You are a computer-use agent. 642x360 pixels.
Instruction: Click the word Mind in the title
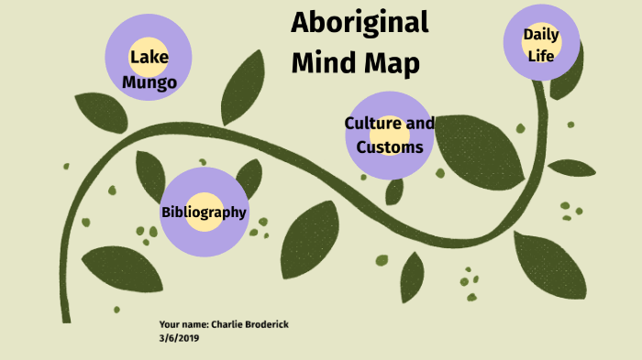coord(322,64)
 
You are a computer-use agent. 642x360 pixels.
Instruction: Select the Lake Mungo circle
coord(149,55)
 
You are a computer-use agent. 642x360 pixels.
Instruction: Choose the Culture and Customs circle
coord(389,136)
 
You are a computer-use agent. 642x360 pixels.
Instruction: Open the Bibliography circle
coord(204,212)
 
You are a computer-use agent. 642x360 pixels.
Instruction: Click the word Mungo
coord(149,82)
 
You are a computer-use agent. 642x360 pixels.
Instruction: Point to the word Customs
coord(390,147)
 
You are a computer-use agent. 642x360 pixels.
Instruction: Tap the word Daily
coord(541,34)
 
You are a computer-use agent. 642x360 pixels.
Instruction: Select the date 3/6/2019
coord(178,337)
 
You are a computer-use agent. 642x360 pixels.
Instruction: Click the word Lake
coord(149,59)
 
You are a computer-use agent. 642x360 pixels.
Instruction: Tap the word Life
coord(541,54)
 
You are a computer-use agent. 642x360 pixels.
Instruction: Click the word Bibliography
coord(204,213)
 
